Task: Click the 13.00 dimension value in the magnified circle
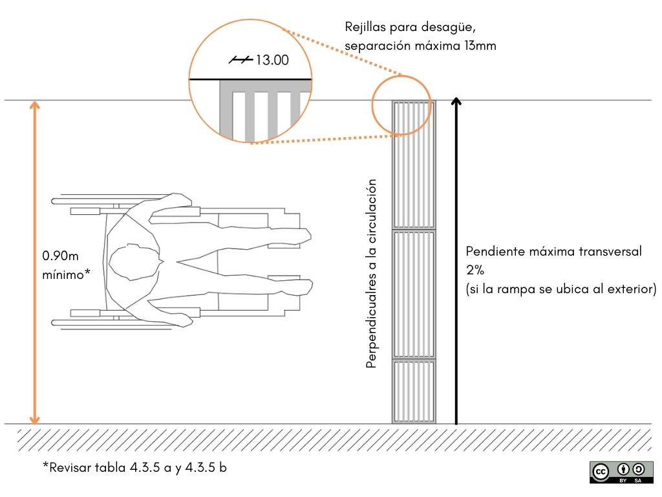[x=272, y=60]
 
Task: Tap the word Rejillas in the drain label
[x=365, y=27]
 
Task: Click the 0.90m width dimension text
[x=60, y=256]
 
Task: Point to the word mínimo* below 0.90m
[x=66, y=274]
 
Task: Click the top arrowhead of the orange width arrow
[x=35, y=104]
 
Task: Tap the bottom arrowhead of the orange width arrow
[x=35, y=419]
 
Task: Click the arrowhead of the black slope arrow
[x=456, y=102]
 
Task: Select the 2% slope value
[x=475, y=270]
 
